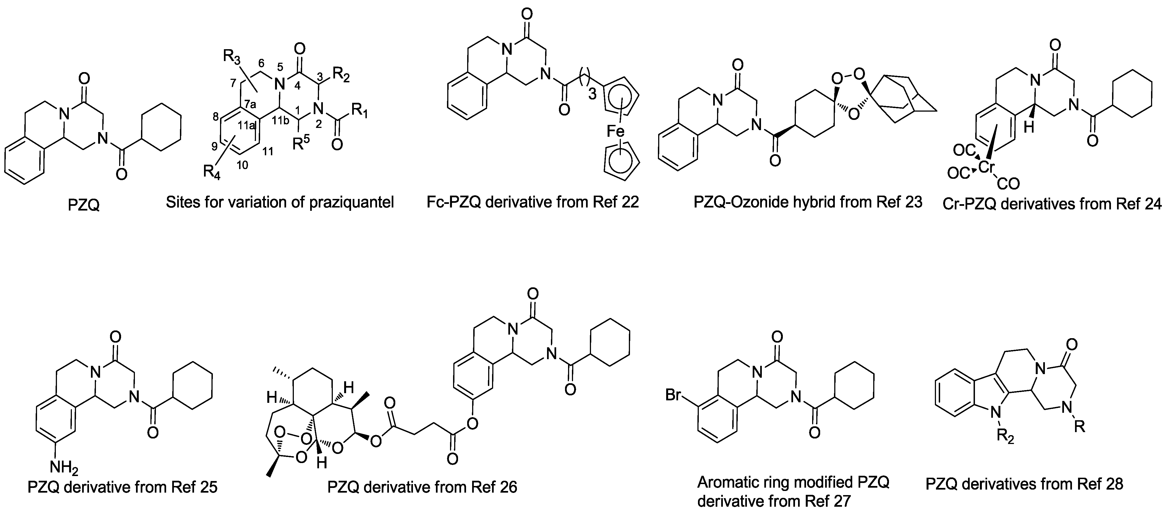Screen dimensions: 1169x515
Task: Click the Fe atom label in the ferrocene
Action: pyautogui.click(x=616, y=131)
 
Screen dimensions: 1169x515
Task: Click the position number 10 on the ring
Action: pyautogui.click(x=242, y=165)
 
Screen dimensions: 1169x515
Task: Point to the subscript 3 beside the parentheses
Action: pyautogui.click(x=592, y=95)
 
